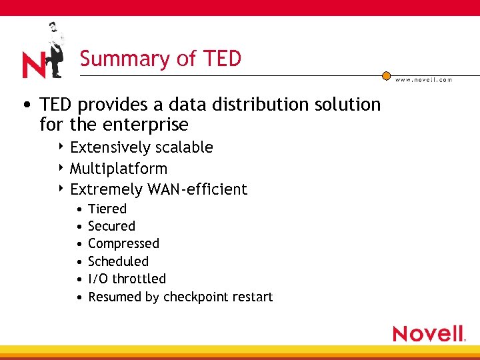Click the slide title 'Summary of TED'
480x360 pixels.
tap(160, 59)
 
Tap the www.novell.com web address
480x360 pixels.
tap(423, 79)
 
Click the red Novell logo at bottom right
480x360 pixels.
tap(429, 333)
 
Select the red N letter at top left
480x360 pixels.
tap(34, 65)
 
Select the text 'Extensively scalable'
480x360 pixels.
tap(141, 147)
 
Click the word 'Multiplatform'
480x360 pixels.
tap(119, 169)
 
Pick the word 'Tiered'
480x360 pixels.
tap(107, 209)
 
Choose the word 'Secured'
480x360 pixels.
tap(111, 227)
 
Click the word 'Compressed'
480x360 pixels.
tap(123, 244)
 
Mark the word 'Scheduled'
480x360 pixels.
tap(118, 261)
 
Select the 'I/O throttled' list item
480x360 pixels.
tap(127, 279)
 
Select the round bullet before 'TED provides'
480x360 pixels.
tap(25, 105)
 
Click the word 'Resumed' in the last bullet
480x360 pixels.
tap(115, 297)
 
